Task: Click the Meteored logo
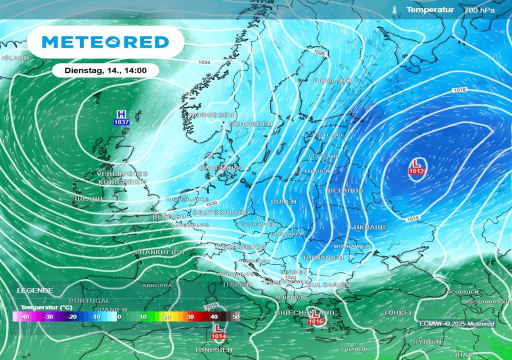pyautogui.click(x=105, y=42)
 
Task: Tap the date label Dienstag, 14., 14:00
pyautogui.click(x=105, y=70)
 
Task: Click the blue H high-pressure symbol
pyautogui.click(x=120, y=114)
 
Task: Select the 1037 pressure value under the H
pyautogui.click(x=121, y=122)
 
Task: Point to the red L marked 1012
pyautogui.click(x=417, y=163)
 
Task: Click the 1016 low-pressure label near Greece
pyautogui.click(x=316, y=321)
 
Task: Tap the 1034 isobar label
pyautogui.click(x=204, y=62)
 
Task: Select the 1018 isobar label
pyautogui.click(x=460, y=90)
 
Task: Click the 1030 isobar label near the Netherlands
pyautogui.click(x=211, y=203)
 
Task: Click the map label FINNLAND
pyautogui.click(x=332, y=80)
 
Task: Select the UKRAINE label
pyautogui.click(x=370, y=227)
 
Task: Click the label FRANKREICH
pyautogui.click(x=159, y=252)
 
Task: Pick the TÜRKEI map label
pyautogui.click(x=397, y=312)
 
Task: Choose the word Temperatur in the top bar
pyautogui.click(x=429, y=9)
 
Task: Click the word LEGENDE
pyautogui.click(x=35, y=290)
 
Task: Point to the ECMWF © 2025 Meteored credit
pyautogui.click(x=456, y=323)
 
